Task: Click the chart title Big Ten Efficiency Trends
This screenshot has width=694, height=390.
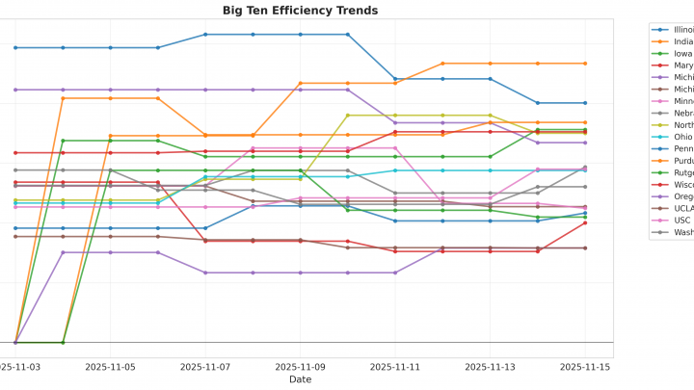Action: click(300, 11)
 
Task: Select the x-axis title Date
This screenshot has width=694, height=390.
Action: click(300, 379)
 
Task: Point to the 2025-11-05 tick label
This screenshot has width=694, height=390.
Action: click(110, 367)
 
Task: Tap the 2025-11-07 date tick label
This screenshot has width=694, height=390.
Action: click(205, 367)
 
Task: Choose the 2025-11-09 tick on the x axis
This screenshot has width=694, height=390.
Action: click(300, 367)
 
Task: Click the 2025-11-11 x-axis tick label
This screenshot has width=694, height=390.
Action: click(395, 367)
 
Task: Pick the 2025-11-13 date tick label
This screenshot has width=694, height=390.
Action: click(490, 367)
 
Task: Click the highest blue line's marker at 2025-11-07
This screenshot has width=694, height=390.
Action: click(205, 35)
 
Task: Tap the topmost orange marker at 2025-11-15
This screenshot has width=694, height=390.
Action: click(585, 64)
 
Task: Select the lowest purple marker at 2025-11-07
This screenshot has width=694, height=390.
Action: click(205, 273)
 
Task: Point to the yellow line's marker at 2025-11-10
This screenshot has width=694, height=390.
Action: click(347, 116)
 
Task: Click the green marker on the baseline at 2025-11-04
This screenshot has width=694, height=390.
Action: click(63, 342)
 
